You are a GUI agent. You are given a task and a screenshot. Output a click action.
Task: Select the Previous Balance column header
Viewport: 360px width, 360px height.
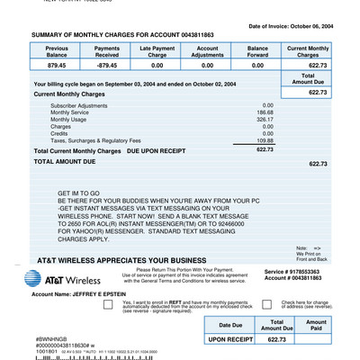pyautogui.click(x=57, y=50)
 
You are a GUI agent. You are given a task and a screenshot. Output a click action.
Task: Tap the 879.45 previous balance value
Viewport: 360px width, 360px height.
pyautogui.click(x=57, y=65)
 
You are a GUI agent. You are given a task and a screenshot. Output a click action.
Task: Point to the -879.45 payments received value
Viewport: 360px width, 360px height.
pyautogui.click(x=107, y=65)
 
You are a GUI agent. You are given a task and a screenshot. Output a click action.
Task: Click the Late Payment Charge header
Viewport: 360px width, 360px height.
pyautogui.click(x=157, y=50)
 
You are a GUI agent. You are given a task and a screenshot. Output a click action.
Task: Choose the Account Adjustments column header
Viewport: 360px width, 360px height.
pyautogui.click(x=207, y=50)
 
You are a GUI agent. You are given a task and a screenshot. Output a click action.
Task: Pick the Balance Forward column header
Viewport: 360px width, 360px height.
pyautogui.click(x=257, y=50)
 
